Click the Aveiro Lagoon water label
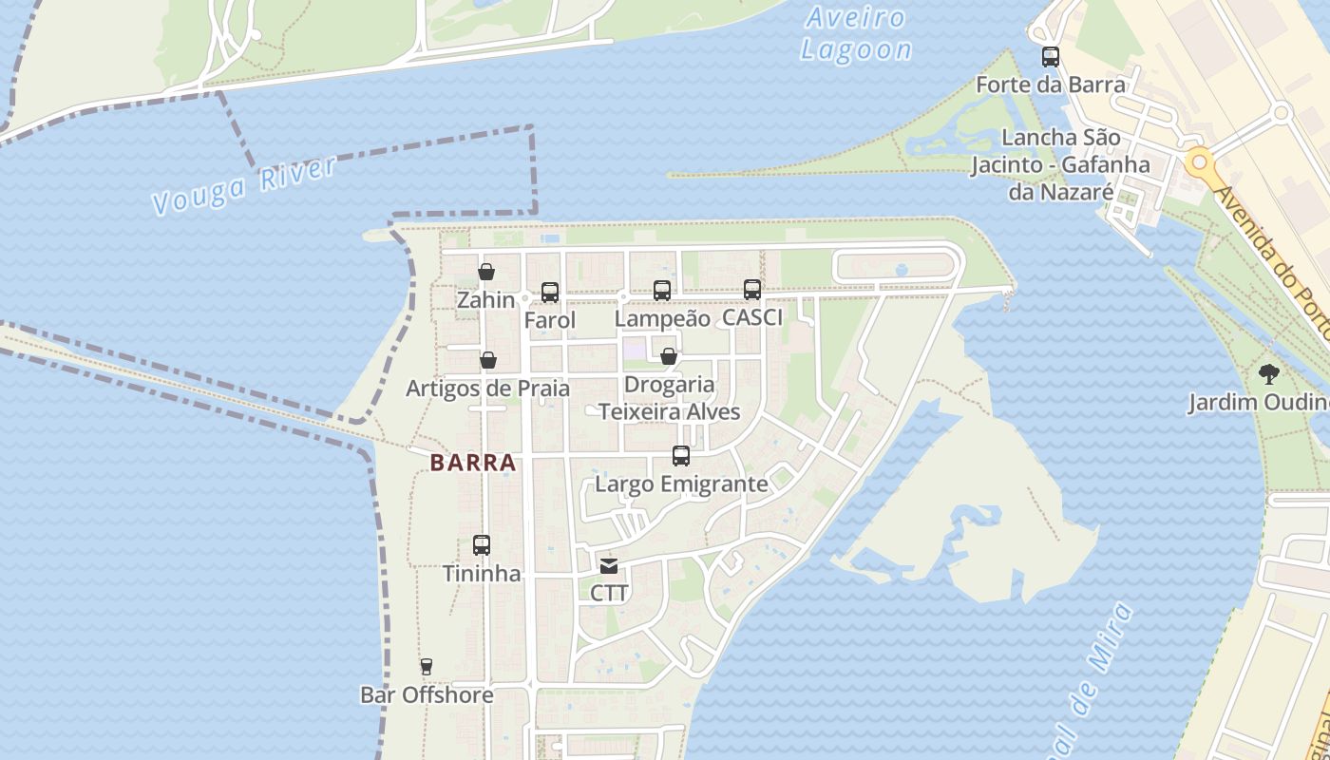click(855, 33)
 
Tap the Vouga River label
click(244, 185)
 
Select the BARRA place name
click(473, 463)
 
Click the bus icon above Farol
click(550, 293)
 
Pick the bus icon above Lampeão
click(662, 291)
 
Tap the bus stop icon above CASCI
click(752, 289)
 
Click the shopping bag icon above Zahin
click(486, 273)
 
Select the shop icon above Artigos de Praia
click(488, 360)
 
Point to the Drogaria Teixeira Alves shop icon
click(669, 356)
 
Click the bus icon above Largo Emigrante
click(681, 456)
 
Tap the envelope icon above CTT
click(609, 566)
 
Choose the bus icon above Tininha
click(482, 545)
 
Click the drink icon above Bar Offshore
click(427, 667)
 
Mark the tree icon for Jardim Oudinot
click(1268, 373)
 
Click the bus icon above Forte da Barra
click(1051, 57)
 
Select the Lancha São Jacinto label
click(1060, 164)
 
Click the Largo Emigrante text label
click(681, 484)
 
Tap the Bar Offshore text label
click(427, 695)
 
